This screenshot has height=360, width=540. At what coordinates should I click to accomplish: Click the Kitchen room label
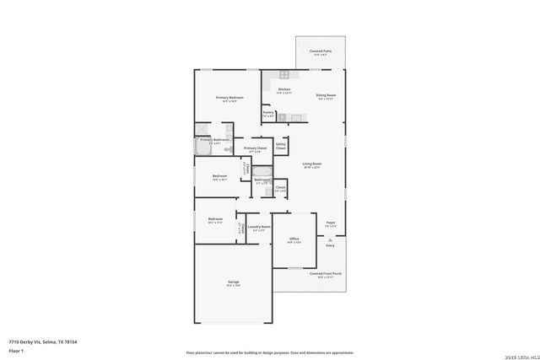click(284, 89)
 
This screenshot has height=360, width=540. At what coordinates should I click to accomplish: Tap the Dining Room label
click(326, 95)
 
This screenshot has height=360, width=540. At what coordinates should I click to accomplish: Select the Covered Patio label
click(321, 51)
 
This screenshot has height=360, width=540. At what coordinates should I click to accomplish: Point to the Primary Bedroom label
click(229, 98)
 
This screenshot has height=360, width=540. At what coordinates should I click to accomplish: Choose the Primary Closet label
click(255, 148)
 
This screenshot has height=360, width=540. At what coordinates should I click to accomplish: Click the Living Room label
click(312, 164)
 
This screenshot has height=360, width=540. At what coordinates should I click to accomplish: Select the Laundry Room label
click(259, 227)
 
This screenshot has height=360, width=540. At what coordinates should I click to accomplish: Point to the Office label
click(294, 239)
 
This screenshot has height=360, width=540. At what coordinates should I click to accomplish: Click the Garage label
click(233, 282)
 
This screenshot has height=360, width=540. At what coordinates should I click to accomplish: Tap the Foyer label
click(331, 223)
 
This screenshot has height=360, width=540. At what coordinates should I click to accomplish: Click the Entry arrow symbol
click(331, 239)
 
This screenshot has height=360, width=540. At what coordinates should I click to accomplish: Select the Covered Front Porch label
click(325, 273)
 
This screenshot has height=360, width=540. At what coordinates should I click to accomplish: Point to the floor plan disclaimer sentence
click(270, 352)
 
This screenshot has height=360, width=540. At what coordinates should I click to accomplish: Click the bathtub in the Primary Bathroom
click(203, 148)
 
